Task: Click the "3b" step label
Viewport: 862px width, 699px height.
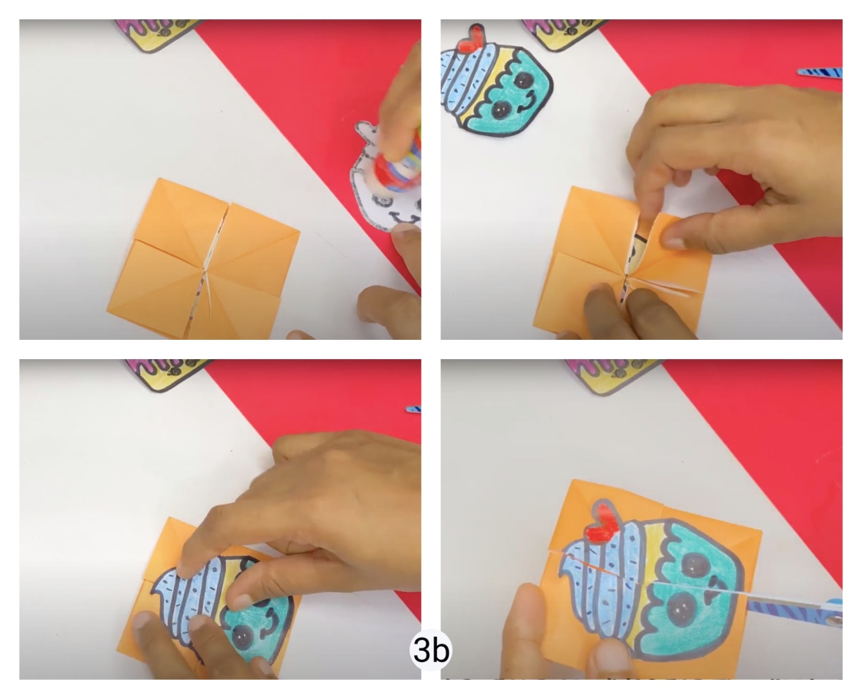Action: click(x=430, y=650)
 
